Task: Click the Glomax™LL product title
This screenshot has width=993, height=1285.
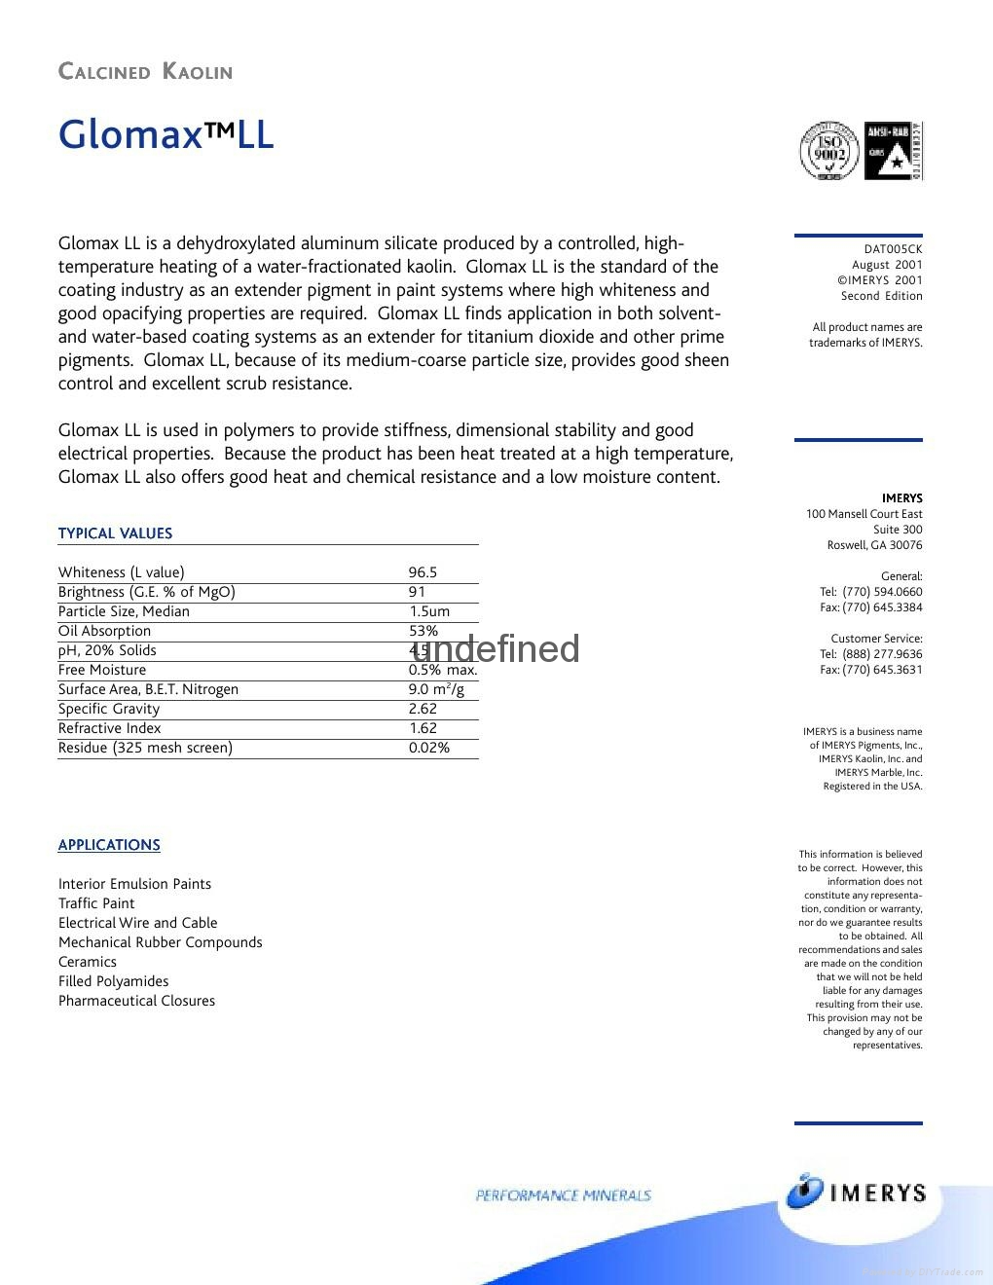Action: pos(165,134)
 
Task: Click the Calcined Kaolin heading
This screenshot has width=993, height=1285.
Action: pos(145,72)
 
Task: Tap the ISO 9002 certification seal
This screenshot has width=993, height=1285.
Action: pos(828,151)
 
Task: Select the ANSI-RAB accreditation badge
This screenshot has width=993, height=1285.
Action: pos(893,151)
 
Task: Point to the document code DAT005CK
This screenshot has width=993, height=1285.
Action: pos(893,249)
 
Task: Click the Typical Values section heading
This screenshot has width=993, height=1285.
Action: pos(115,533)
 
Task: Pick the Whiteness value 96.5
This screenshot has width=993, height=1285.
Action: pos(423,572)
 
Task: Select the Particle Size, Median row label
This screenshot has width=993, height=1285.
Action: pos(124,611)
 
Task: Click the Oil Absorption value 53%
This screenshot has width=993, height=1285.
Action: pos(423,631)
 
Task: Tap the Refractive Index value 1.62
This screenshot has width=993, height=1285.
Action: pos(423,728)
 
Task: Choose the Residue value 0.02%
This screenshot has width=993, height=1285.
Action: pos(429,748)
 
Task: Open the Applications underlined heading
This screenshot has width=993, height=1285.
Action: pos(109,845)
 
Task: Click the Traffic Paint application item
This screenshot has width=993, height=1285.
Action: pos(96,903)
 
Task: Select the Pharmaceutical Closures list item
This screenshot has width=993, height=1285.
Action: pos(136,1001)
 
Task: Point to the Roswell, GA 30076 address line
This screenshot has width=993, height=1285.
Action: pos(874,545)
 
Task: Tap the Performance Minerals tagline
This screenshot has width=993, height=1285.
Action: pos(563,1195)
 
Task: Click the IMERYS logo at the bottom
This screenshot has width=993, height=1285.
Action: pos(856,1193)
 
